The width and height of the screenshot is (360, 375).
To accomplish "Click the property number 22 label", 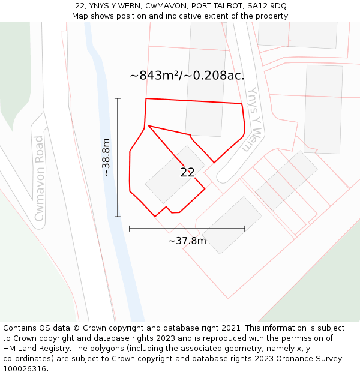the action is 187,172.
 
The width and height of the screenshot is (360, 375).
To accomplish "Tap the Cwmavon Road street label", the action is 40,178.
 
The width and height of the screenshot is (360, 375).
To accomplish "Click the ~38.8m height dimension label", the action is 106,157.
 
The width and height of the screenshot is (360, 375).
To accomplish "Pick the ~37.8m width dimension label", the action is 187,241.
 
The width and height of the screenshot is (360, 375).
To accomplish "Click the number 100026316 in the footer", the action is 25,368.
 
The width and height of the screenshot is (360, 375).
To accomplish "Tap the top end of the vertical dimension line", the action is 118,98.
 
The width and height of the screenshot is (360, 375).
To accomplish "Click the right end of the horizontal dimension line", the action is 245,228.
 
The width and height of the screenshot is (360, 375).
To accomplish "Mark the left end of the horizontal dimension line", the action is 130,228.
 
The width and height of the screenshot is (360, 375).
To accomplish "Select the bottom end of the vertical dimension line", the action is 118,216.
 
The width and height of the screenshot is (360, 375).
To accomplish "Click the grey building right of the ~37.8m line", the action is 231,225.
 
